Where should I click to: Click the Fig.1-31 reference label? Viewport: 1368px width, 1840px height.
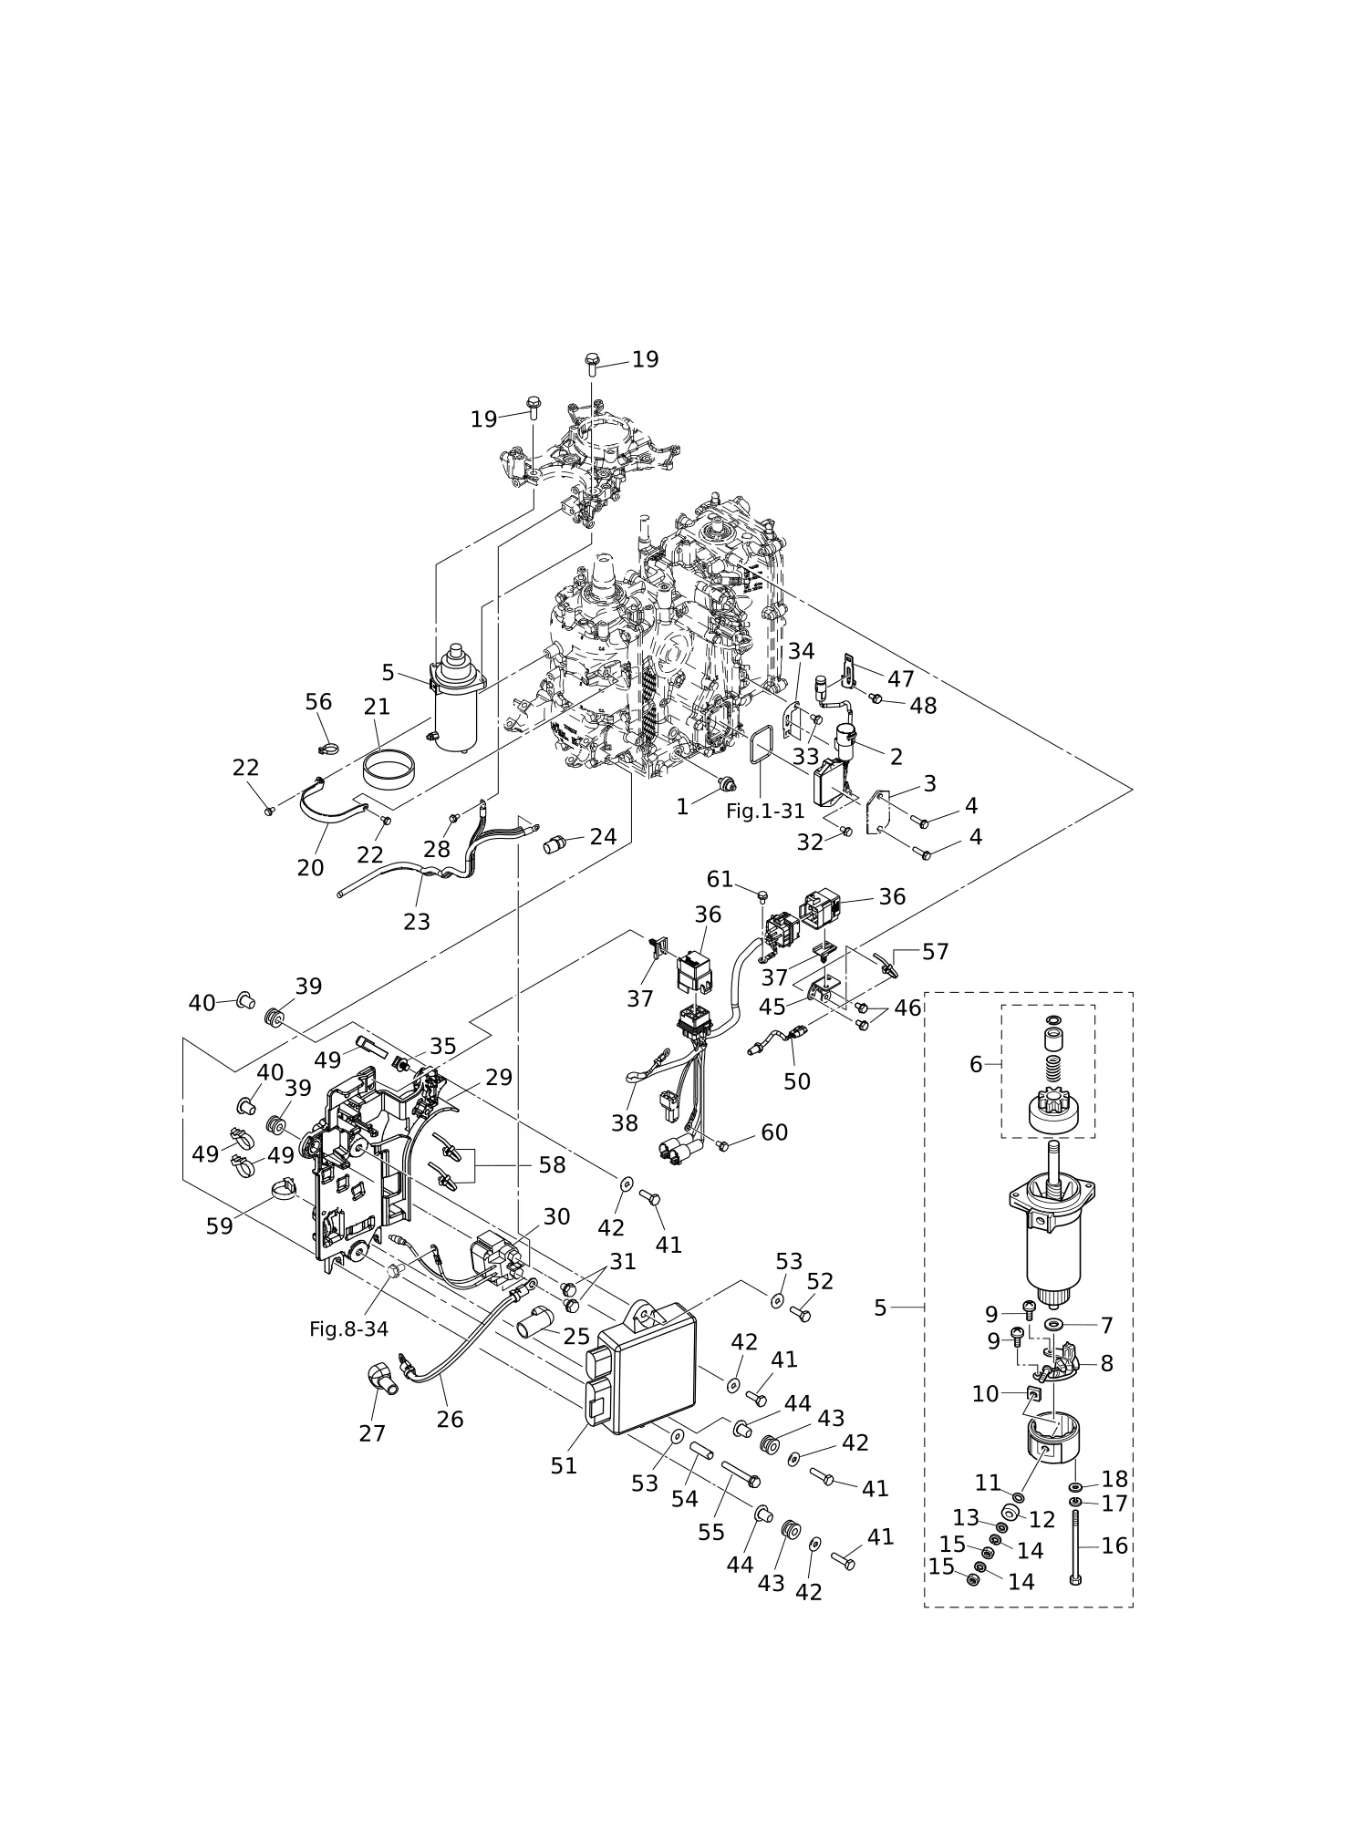(765, 811)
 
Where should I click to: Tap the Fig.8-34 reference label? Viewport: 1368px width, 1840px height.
(348, 1328)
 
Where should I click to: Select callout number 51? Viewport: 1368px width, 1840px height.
(564, 1465)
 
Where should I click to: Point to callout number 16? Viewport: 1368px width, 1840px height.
(1114, 1545)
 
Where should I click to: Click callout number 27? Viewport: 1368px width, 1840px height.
(372, 1433)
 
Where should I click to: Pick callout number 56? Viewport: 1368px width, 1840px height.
(318, 702)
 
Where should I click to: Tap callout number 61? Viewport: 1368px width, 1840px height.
(720, 879)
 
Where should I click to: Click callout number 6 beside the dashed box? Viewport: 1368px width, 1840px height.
(976, 1064)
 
